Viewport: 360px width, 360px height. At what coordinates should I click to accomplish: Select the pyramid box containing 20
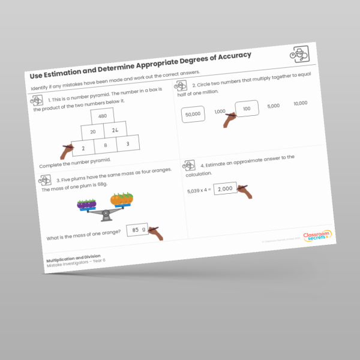pyautogui.click(x=93, y=132)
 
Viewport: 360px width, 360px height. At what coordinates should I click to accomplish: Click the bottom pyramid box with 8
pyautogui.click(x=106, y=145)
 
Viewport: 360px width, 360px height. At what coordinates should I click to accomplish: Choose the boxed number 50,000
pyautogui.click(x=193, y=114)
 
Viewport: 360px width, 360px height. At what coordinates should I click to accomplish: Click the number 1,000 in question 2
pyautogui.click(x=220, y=112)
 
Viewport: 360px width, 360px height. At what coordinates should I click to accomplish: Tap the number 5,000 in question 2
pyautogui.click(x=273, y=106)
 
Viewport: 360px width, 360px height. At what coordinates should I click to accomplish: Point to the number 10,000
pyautogui.click(x=301, y=103)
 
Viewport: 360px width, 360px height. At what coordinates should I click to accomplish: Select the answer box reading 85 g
pyautogui.click(x=138, y=229)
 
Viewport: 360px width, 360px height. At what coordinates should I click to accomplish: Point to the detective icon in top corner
pyautogui.click(x=298, y=55)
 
